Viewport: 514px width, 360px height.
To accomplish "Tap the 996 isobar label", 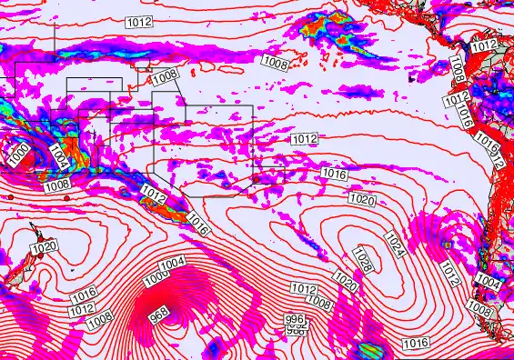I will click(293, 320).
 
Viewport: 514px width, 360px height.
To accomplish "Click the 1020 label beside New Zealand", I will click(44, 246).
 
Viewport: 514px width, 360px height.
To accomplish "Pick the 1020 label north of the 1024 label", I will click(361, 199).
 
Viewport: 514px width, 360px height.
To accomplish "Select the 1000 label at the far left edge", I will click(17, 154).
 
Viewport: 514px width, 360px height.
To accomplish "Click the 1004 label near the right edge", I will click(489, 283).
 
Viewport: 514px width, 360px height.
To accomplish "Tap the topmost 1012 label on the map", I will click(138, 20).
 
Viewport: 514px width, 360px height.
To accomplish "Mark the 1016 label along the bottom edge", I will click(415, 343).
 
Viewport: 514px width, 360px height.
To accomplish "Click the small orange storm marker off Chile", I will click(448, 243).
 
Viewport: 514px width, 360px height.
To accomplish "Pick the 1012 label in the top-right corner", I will click(484, 45).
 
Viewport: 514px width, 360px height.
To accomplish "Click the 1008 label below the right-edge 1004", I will click(479, 311).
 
